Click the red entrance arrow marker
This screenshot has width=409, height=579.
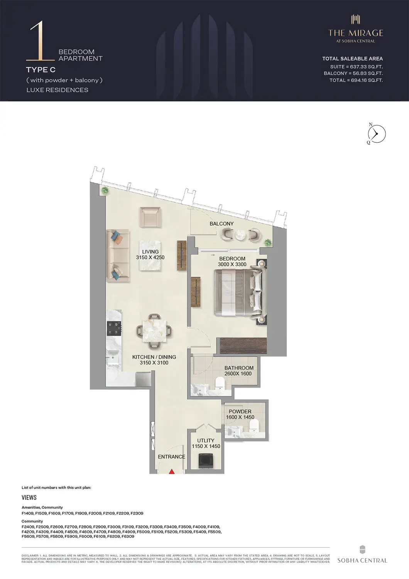(x=172, y=471)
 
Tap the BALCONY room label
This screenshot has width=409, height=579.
(x=221, y=224)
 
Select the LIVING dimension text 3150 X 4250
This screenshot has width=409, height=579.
(x=150, y=257)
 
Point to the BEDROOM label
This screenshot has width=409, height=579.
(x=232, y=259)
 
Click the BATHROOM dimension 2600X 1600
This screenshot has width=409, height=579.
(x=238, y=374)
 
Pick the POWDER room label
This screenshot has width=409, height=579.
(x=240, y=411)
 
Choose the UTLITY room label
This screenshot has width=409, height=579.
(x=206, y=440)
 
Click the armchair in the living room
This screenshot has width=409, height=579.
(x=150, y=217)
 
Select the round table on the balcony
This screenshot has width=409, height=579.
(x=241, y=235)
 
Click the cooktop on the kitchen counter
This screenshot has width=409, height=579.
(x=114, y=328)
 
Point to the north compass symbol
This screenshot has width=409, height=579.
(x=376, y=134)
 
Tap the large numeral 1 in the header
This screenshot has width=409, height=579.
(x=39, y=41)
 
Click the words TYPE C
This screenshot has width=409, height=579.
(x=41, y=70)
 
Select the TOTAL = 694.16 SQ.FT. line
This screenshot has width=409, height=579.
(x=356, y=80)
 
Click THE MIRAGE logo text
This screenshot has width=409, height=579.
(x=355, y=33)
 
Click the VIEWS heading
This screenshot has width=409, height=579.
(x=29, y=498)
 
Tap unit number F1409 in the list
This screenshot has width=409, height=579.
(x=28, y=513)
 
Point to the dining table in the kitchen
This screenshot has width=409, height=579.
(x=154, y=331)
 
